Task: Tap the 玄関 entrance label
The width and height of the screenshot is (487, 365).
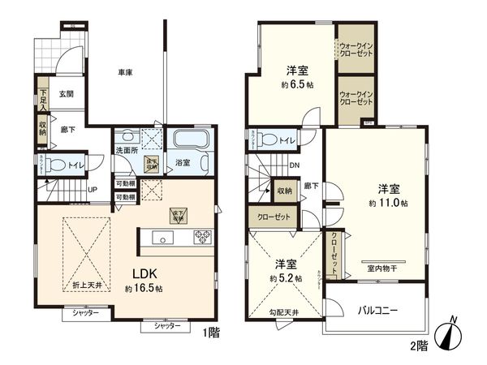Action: click(67, 94)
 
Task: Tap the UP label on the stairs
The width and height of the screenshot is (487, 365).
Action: click(93, 190)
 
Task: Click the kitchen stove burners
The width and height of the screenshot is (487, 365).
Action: click(201, 238)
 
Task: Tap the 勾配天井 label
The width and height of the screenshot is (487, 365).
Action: click(283, 311)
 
